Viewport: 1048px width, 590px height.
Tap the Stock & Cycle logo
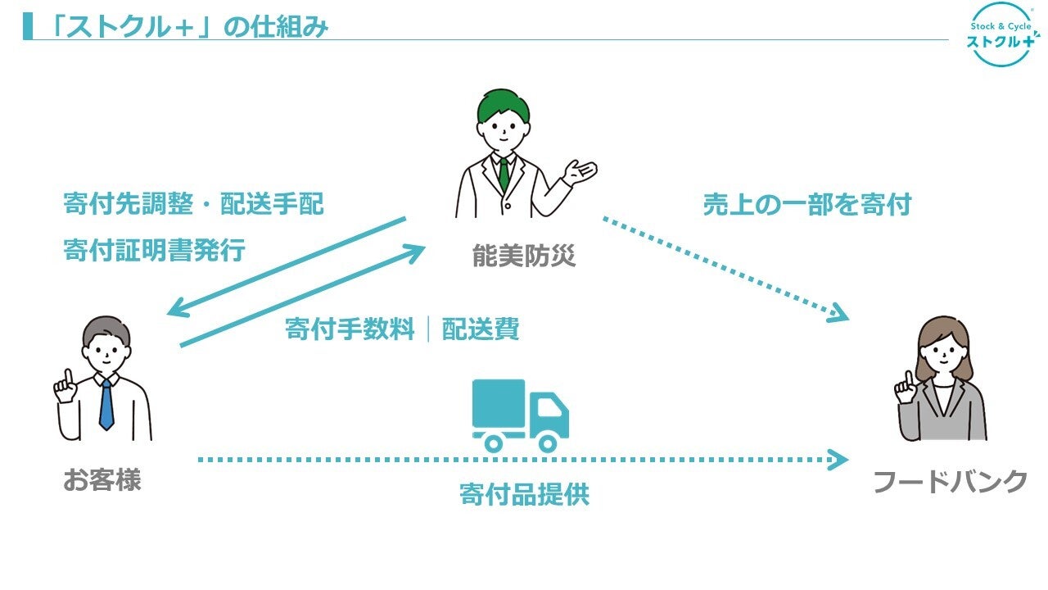click(x=999, y=34)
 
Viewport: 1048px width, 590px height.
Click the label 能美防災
click(x=524, y=256)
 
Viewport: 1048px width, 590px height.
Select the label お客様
click(x=102, y=479)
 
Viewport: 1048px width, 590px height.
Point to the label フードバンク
click(x=950, y=481)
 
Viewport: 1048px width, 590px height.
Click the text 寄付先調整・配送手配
click(x=193, y=204)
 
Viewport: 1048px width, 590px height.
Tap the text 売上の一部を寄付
click(x=806, y=205)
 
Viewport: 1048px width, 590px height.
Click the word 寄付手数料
click(x=350, y=329)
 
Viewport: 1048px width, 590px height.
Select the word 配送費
click(x=481, y=329)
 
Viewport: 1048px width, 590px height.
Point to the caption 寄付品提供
click(x=524, y=495)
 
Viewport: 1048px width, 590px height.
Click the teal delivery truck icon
click(x=520, y=415)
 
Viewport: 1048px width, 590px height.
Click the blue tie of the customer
click(x=106, y=405)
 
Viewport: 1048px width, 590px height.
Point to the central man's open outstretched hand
click(x=582, y=170)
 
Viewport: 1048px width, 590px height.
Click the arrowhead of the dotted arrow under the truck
click(x=839, y=459)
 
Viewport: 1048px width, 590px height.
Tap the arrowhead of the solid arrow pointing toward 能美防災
click(x=416, y=250)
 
